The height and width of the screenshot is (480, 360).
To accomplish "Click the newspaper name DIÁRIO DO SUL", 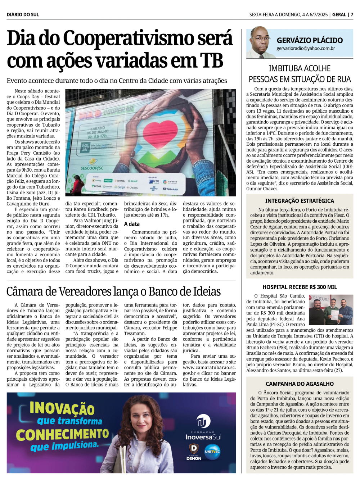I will (x=23, y=15).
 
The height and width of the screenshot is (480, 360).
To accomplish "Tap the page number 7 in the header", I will (x=352, y=15).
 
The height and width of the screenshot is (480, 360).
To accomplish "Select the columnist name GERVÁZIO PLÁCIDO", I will (x=310, y=40).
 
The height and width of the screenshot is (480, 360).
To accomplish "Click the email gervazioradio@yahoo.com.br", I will (x=306, y=48).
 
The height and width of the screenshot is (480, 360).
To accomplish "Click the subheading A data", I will (x=132, y=224).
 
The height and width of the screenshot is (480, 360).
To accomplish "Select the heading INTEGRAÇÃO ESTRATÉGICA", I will (x=300, y=201).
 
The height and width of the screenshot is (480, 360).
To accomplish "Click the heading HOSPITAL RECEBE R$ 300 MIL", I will (x=300, y=287).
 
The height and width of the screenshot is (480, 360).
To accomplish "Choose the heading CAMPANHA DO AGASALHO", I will (x=300, y=384).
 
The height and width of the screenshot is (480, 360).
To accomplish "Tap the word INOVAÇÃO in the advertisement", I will (x=62, y=408).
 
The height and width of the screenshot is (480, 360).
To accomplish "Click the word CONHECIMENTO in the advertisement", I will (x=62, y=435).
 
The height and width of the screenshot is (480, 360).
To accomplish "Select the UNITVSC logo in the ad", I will (x=212, y=451).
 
